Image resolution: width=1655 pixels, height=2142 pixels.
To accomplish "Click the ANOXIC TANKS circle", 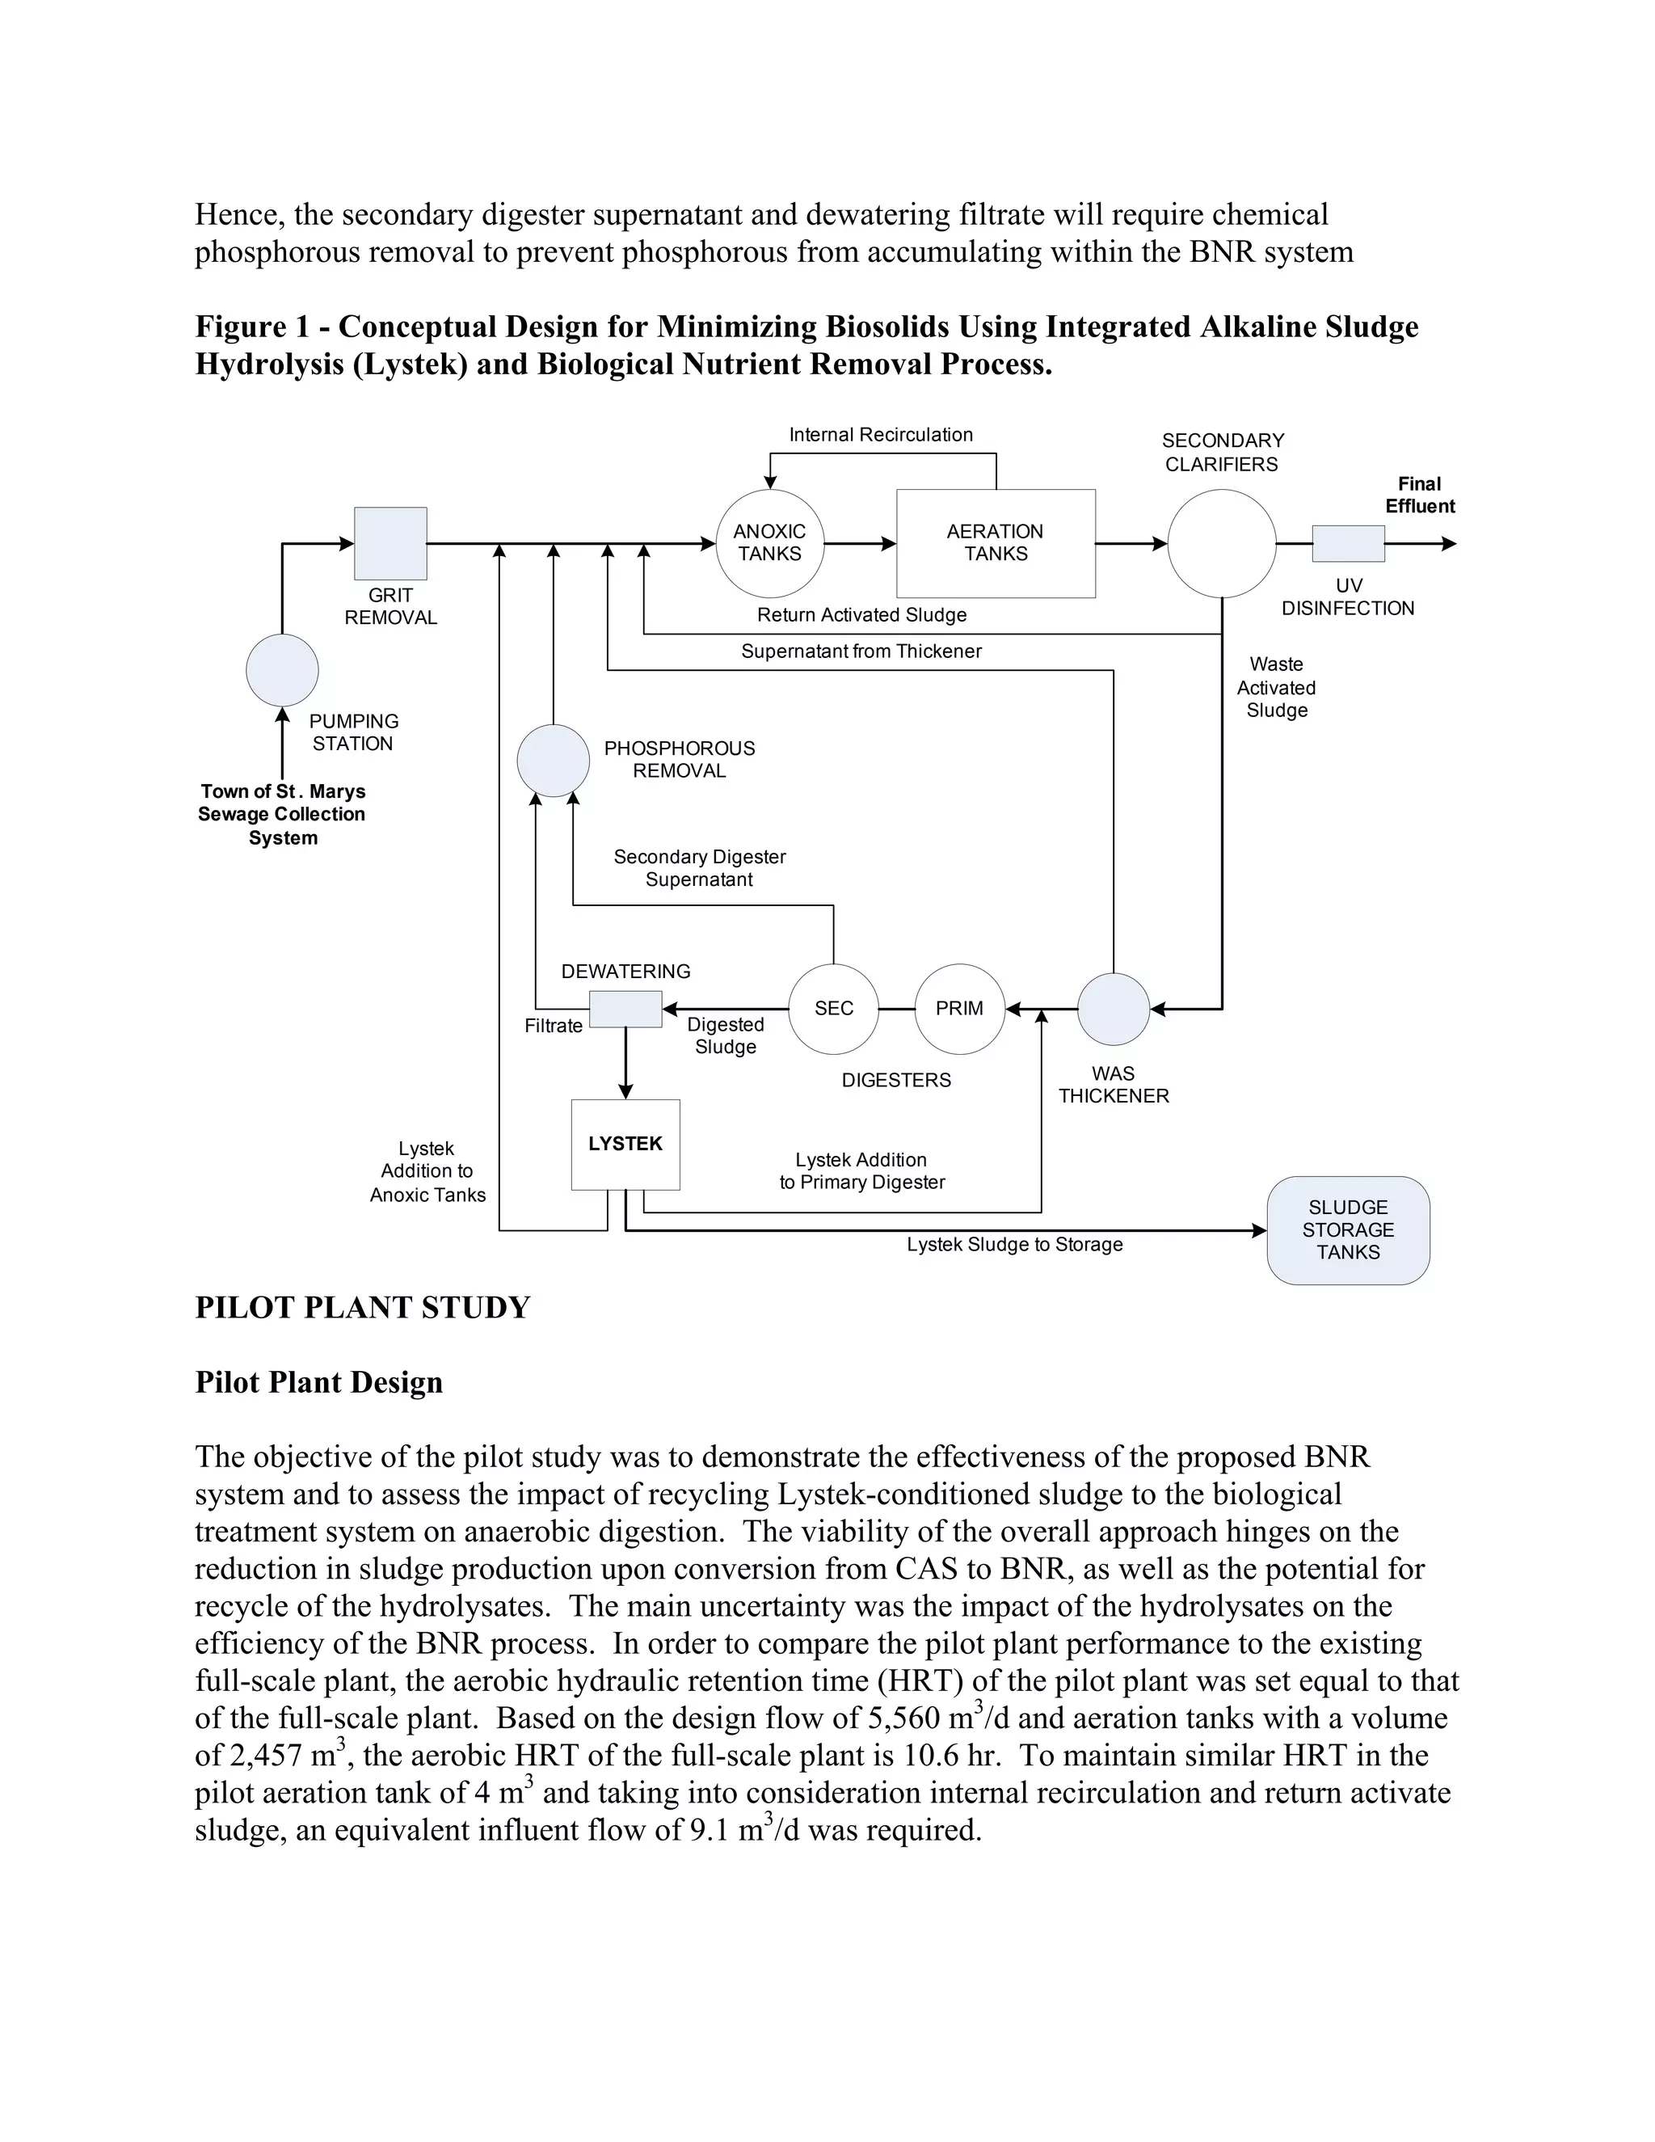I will [769, 542].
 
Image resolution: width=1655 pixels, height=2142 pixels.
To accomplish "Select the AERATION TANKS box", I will [995, 542].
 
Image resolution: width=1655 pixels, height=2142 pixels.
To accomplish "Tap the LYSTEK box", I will [625, 1144].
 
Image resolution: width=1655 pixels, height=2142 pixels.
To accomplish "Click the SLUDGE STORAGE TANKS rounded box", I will [1347, 1230].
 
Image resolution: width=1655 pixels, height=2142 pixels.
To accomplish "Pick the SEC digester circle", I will [833, 1008].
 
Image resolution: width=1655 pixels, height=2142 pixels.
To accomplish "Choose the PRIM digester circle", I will [959, 1008].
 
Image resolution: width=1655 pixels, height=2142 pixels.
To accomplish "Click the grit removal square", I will [390, 542].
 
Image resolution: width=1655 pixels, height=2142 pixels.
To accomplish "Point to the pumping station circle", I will [282, 670].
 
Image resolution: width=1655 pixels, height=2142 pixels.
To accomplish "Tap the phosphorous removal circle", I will [553, 760].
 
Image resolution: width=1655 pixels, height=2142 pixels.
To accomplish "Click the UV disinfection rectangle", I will [1348, 542].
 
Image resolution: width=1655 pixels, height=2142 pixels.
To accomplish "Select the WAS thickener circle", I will [1113, 1008].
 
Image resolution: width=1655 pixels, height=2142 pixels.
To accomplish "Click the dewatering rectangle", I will [625, 1008].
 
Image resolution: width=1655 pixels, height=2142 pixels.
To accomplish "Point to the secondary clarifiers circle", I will [1222, 542].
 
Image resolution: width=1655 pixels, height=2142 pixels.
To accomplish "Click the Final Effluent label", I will [1419, 495].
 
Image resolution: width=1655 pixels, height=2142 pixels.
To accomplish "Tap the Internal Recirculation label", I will [881, 435].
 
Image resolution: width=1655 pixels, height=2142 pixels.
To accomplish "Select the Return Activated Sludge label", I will [861, 615].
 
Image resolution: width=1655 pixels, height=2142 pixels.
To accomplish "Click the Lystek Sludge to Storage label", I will [1014, 1245].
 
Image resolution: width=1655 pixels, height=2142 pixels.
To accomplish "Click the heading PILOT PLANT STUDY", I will [363, 1307].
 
